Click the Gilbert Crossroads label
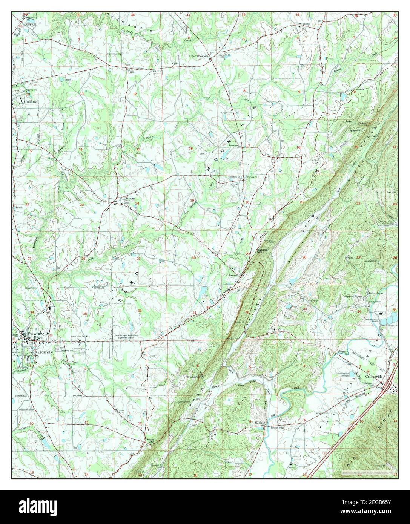199,56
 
